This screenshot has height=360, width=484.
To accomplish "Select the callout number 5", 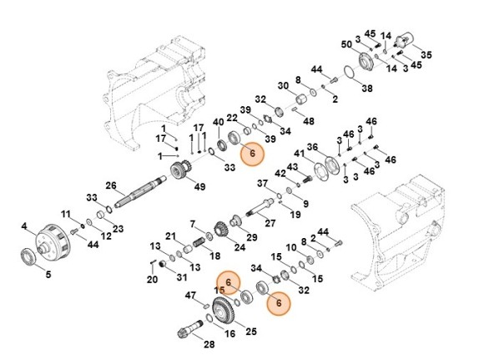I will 48,274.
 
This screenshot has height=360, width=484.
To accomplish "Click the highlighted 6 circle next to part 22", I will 250,154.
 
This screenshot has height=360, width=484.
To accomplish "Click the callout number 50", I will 345,44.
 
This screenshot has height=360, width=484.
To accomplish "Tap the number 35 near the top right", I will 426,55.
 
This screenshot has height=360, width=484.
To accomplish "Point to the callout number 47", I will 190,296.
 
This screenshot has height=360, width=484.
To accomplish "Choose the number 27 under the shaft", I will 270,223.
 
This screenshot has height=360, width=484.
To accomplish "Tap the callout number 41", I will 299,154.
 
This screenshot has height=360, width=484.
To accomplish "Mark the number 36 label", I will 313,148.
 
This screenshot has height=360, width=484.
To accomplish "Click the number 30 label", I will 283,86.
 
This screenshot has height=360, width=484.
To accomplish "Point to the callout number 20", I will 152,280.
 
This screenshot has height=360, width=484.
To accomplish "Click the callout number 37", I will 261,183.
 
